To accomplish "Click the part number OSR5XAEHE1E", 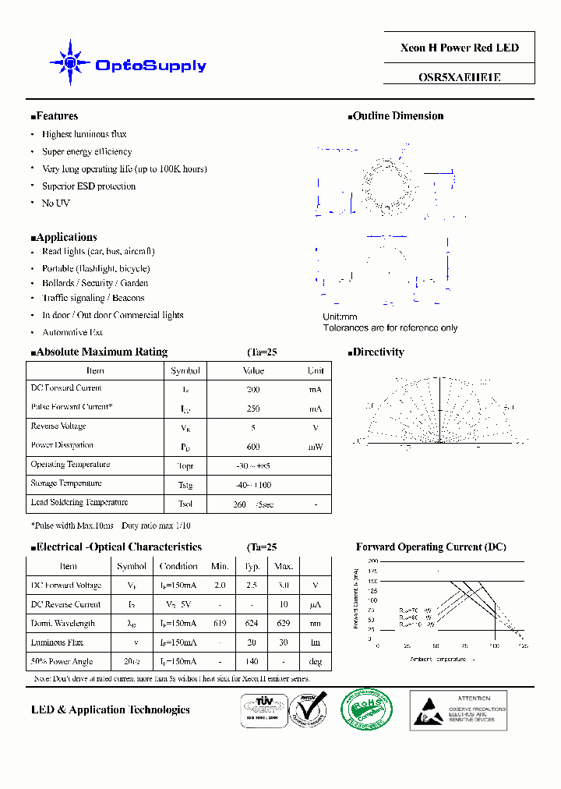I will click(459, 77).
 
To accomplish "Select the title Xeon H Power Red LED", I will click(459, 48).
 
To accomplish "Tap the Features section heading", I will click(55, 116).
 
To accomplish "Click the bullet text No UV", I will click(55, 203).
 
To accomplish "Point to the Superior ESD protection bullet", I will click(89, 186).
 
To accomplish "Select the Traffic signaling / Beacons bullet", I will click(93, 298).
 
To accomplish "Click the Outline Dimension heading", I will click(396, 116).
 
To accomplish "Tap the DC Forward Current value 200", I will click(252, 389).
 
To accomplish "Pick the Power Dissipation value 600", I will click(252, 447).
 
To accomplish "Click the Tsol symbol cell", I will click(185, 504).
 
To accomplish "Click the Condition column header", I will click(178, 567).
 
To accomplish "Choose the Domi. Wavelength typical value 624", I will click(252, 624).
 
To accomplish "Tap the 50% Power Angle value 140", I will click(252, 662).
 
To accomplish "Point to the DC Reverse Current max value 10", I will click(284, 605).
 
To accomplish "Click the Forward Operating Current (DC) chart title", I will click(431, 547).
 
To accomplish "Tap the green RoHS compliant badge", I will click(367, 709).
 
